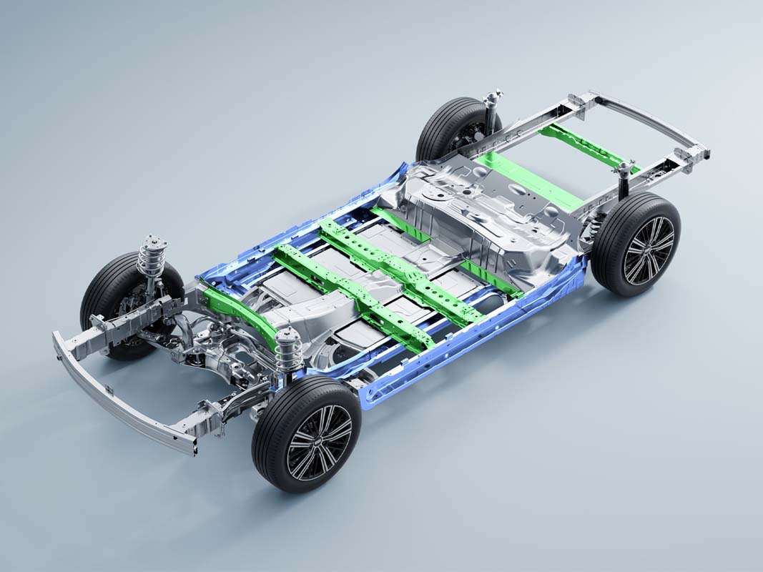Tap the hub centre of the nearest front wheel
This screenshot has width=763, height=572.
319,442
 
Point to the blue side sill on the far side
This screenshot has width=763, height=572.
300,229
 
